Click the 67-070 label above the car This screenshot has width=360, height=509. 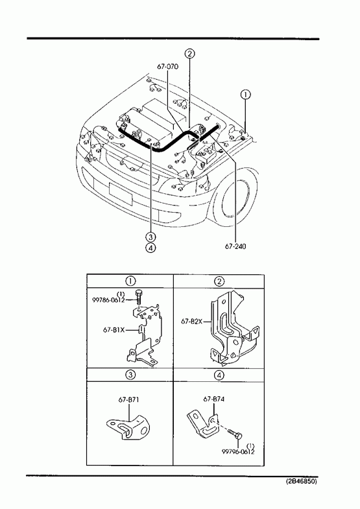tap(167, 67)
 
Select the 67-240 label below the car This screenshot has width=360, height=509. tap(235, 246)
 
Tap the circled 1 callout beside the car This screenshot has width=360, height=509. tap(245, 95)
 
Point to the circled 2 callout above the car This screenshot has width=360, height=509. tap(190, 54)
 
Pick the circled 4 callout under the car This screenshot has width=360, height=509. tap(150, 248)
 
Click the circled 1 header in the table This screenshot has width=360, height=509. tap(130, 281)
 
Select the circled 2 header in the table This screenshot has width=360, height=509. tap(219, 281)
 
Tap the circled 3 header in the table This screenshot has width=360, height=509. tap(130, 375)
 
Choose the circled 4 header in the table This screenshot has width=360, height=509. tap(219, 375)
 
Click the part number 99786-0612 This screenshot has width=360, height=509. tap(109, 300)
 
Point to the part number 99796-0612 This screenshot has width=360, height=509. tap(238, 451)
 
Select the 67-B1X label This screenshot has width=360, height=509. tap(114, 330)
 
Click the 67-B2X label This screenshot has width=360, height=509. tap(192, 322)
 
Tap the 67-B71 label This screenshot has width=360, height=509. tap(128, 399)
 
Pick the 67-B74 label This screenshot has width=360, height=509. tap(213, 399)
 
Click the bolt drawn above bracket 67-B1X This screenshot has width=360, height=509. tap(139, 296)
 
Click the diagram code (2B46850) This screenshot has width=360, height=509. tap(301, 481)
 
